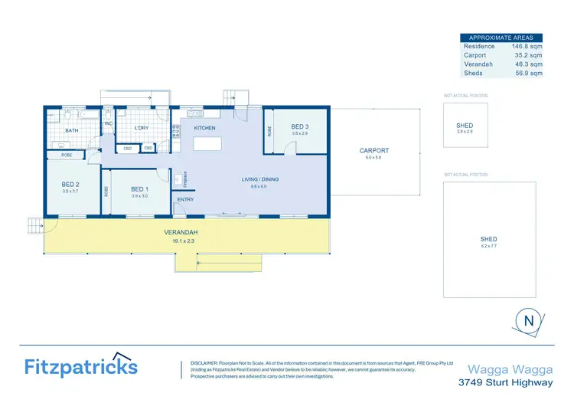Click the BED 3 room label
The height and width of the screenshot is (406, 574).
click(300, 126)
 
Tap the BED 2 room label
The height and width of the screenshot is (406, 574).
click(71, 184)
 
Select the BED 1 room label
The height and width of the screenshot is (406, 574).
click(139, 189)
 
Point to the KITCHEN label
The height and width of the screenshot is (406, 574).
click(204, 128)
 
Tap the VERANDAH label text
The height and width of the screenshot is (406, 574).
click(181, 232)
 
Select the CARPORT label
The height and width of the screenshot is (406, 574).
click(374, 151)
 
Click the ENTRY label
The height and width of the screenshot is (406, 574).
click(186, 200)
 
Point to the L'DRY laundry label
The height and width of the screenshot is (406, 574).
click(142, 128)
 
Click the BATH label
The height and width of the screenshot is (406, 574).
click(72, 131)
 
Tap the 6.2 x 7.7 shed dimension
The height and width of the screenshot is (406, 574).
click(489, 246)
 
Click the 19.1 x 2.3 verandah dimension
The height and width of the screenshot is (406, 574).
click(181, 240)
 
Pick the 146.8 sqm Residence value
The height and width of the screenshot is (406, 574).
click(527, 46)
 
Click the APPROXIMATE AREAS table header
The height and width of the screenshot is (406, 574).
click(501, 37)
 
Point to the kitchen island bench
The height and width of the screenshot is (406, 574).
click(204, 144)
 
